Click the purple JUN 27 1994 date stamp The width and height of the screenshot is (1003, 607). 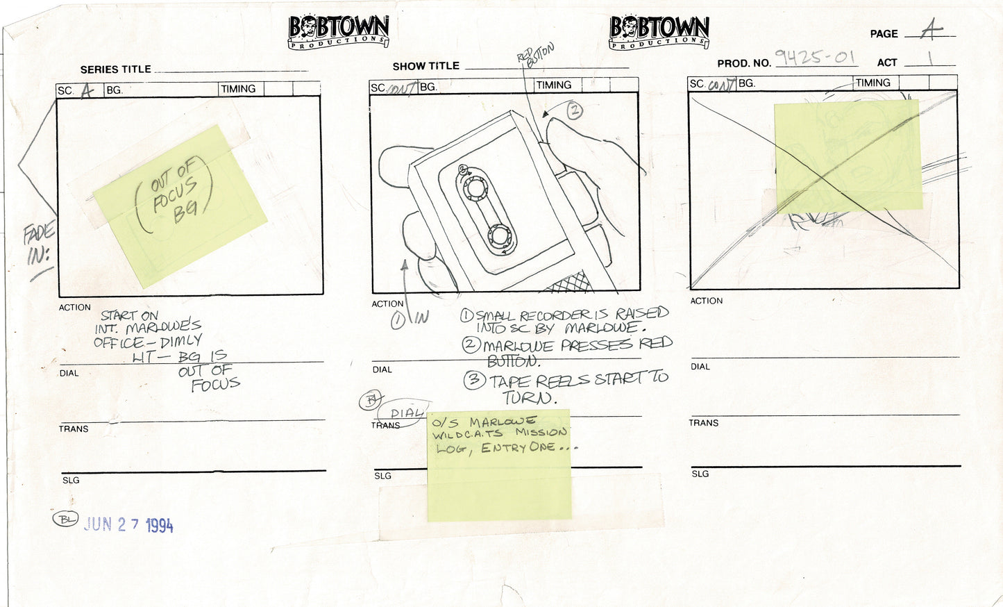coord(128,524)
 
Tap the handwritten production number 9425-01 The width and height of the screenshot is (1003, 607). coord(815,57)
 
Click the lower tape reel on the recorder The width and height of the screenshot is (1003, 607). coord(499,235)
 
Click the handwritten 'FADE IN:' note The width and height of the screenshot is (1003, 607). coord(39,245)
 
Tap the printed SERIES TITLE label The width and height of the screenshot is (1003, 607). coord(115,69)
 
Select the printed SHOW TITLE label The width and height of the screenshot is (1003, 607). coord(425,66)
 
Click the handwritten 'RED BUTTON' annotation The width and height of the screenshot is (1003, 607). coord(536,55)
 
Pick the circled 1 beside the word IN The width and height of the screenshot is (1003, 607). coord(398,319)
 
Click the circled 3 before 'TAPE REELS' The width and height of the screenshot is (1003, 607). coord(474,379)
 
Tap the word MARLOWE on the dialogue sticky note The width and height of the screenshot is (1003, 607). coord(502,422)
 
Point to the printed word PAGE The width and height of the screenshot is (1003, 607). coord(884,34)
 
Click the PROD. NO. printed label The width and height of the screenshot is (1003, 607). coord(743,63)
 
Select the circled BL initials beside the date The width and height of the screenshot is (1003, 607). coord(65,519)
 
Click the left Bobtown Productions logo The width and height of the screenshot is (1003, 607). coord(338,32)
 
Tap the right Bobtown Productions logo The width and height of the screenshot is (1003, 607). coord(659,32)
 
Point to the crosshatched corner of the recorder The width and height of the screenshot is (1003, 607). coord(569,281)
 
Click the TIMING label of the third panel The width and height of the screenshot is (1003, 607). coord(873,83)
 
